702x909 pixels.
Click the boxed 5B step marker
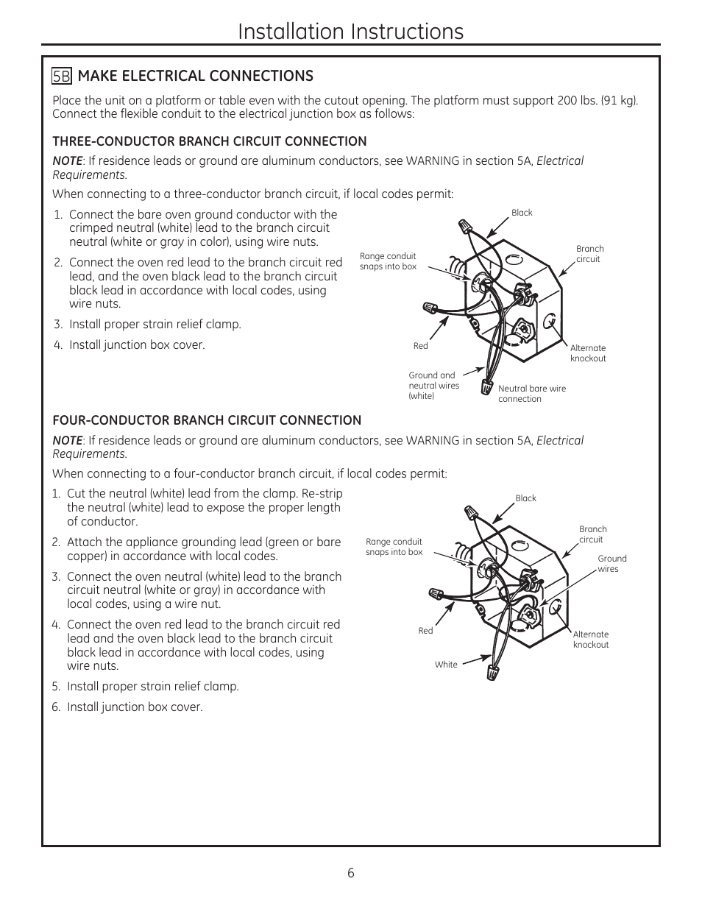(61, 77)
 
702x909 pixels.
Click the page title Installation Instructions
(351, 31)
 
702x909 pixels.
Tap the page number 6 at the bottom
(351, 873)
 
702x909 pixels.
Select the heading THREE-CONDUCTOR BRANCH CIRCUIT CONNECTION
(209, 141)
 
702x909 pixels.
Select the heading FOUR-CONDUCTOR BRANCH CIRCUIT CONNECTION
(207, 420)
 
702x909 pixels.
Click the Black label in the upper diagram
(522, 213)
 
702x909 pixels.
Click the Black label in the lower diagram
(525, 498)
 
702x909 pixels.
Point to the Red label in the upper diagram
(420, 346)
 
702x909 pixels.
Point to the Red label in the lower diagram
(425, 631)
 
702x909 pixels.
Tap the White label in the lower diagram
(446, 665)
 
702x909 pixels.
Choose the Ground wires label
(611, 564)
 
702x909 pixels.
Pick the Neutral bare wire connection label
(531, 394)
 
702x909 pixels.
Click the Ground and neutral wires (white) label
(433, 386)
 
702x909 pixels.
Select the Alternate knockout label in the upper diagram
(587, 353)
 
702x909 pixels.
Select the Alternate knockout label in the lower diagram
(591, 640)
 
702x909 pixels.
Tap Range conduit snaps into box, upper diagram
(387, 261)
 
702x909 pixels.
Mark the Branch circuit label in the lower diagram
(592, 534)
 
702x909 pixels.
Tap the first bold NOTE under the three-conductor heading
(67, 161)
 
